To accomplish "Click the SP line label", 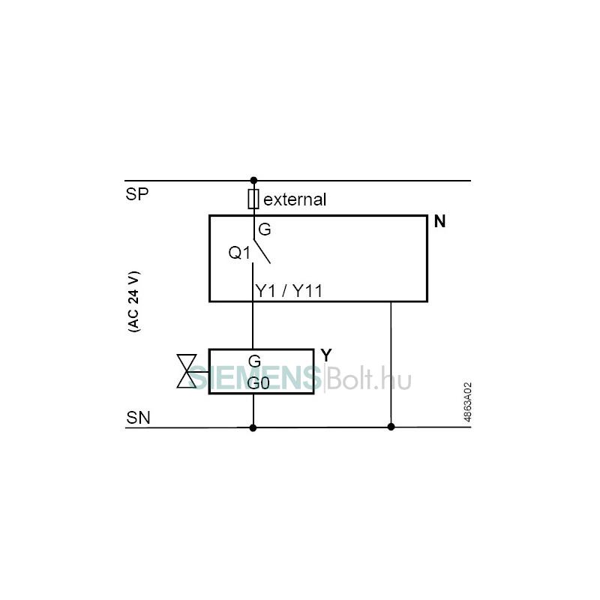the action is pos(136,194).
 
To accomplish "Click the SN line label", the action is pos(138,418).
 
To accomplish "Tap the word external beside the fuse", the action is pos(295,199).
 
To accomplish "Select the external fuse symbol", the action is pos(253,199).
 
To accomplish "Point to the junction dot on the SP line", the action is pos(253,180).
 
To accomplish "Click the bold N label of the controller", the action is pos(439,221).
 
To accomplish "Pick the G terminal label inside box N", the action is pos(265,229).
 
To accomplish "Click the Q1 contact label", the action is pos(239,253).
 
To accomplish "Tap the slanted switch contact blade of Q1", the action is pos(262,252).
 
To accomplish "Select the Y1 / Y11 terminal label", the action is pos(289,291).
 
